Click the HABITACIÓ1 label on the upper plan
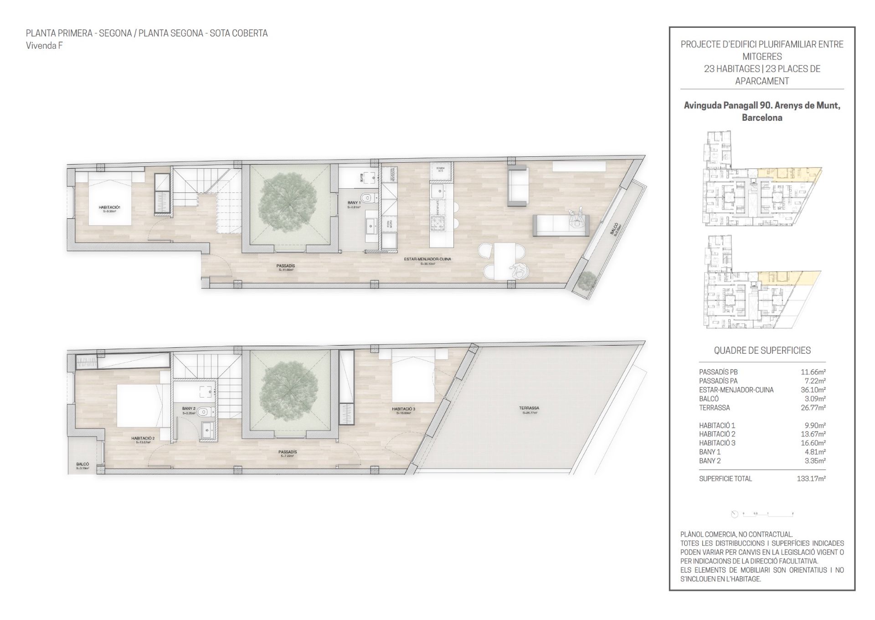point(109,207)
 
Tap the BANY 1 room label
point(354,203)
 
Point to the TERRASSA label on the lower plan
point(529,408)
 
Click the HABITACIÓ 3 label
point(403,409)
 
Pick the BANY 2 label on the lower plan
point(189,408)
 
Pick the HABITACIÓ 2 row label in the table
point(717,434)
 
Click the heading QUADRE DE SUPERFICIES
point(762,350)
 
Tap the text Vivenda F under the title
point(44,46)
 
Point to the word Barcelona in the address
point(762,118)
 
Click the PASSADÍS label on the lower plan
point(288,452)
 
